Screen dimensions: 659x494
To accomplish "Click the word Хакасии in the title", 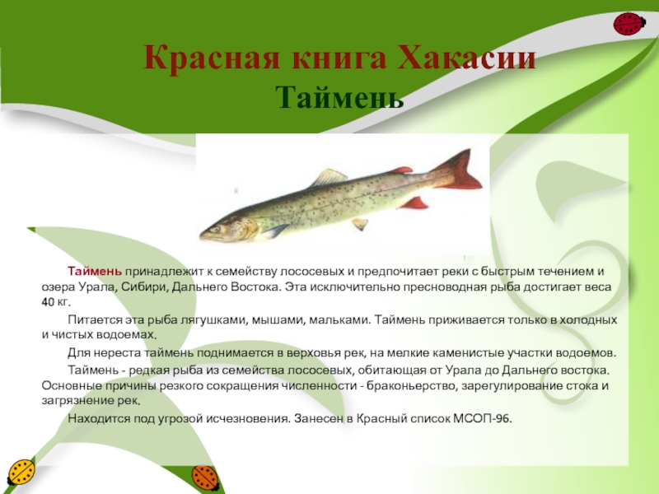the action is point(466,58).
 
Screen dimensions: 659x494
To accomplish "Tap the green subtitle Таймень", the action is point(339,97).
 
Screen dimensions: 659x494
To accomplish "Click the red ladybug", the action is point(629,24).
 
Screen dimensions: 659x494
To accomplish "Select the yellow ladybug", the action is point(20,473).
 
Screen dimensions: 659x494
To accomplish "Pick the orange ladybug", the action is point(206,478).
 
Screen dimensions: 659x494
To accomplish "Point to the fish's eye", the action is point(217,230).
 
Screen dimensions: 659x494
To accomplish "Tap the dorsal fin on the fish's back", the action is point(329,177).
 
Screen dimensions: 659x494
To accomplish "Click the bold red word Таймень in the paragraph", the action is point(95,272).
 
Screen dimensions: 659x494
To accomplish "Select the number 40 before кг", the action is point(48,302).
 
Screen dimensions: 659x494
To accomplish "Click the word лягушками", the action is point(214,320).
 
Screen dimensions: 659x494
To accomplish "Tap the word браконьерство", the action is point(411,385).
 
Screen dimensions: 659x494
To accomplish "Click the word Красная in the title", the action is point(212,58).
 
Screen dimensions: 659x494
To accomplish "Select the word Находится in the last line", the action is point(99,419).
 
